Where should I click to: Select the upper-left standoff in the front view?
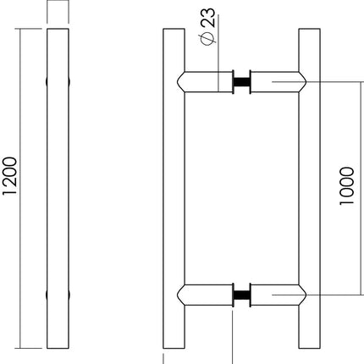click(x=205, y=83)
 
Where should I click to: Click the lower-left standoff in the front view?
click(x=205, y=296)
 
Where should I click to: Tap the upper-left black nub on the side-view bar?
click(x=46, y=83)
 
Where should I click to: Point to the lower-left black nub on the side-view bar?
click(x=46, y=296)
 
